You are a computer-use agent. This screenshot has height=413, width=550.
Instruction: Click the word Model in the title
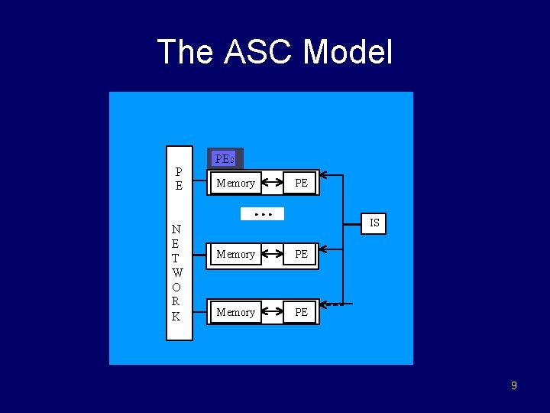348,53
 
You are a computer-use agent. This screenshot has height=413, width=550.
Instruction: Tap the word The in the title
186,53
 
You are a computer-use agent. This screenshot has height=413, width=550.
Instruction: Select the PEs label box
225,159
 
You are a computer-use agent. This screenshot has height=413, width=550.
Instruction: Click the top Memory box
235,183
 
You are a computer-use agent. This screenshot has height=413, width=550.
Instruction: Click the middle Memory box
235,254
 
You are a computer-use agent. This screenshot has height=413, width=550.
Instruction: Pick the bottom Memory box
235,312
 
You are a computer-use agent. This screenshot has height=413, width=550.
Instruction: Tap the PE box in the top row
301,183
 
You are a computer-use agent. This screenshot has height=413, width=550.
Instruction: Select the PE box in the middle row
301,254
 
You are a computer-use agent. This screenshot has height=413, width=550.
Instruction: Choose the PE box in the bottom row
301,312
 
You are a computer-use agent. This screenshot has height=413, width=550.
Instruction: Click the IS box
374,223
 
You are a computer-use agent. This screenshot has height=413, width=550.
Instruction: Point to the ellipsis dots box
262,214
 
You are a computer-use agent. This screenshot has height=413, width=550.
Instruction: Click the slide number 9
513,385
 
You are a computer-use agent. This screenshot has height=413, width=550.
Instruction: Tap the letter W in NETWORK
177,272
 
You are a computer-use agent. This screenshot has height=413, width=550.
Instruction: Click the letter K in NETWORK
177,316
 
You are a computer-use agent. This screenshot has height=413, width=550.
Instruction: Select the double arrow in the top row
273,183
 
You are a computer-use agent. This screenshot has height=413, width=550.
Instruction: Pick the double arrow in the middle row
273,254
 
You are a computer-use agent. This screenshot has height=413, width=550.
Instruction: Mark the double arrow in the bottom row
273,312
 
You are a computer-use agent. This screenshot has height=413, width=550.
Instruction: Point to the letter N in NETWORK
177,229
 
